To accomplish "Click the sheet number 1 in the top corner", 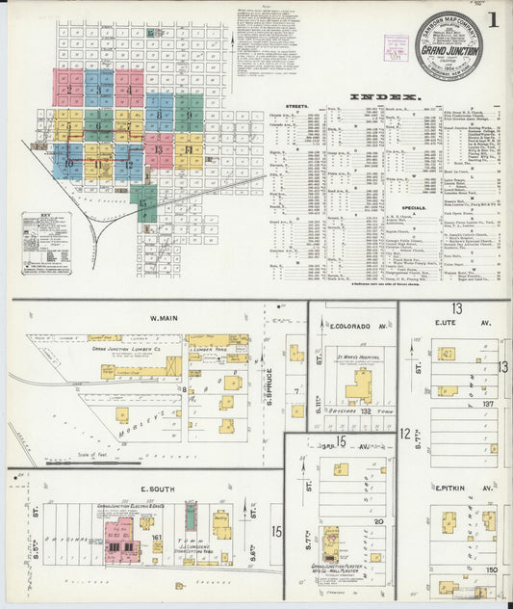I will click(494, 20).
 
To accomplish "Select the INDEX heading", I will click(384, 97).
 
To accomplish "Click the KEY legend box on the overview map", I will click(46, 232).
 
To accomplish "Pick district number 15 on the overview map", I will click(143, 202).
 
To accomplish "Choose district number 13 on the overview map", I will click(158, 149).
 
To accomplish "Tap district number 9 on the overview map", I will click(190, 115).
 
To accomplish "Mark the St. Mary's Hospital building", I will click(359, 385).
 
